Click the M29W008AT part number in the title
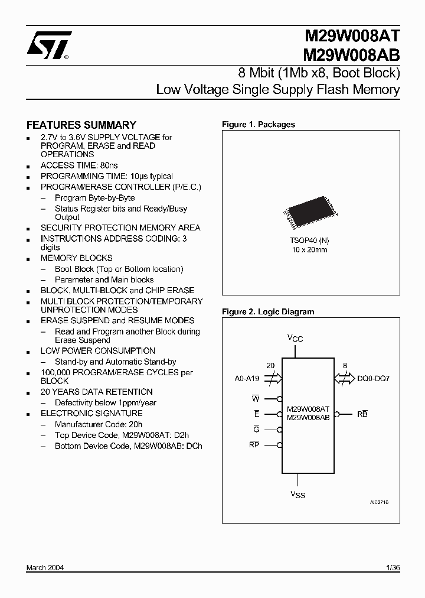[351, 38]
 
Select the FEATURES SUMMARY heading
[81, 125]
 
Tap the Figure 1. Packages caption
[258, 125]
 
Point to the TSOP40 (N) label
[310, 241]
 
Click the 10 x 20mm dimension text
[310, 250]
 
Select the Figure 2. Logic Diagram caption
[268, 312]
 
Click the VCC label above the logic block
[295, 338]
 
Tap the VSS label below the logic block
[297, 495]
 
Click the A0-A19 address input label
[247, 378]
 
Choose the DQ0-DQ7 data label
[373, 378]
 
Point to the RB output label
[362, 414]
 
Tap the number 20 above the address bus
[270, 366]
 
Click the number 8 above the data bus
[345, 366]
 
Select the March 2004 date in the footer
[45, 568]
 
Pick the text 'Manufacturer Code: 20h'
[99, 424]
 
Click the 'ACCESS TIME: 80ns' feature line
[79, 165]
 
